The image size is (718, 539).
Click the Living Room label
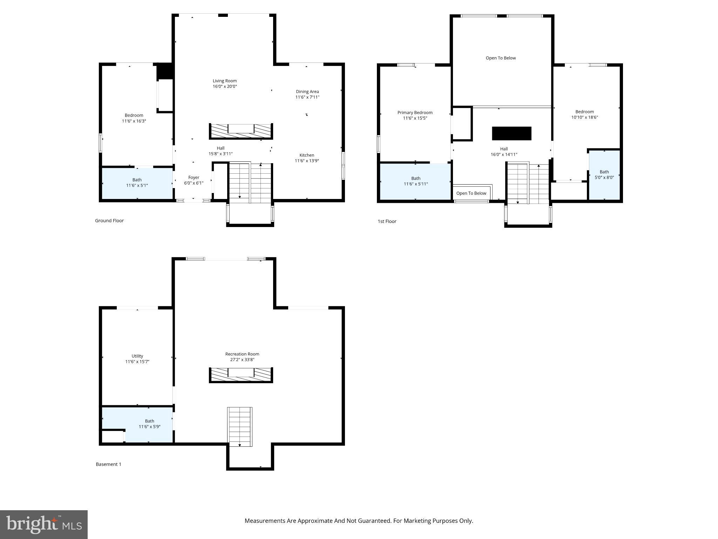224,81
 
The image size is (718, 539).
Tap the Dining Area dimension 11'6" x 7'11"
307,97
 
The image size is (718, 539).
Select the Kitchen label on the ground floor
306,155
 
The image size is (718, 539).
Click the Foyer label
194,178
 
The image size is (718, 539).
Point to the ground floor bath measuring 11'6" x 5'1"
137,183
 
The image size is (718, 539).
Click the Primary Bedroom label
415,113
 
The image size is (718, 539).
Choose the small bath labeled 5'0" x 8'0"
604,175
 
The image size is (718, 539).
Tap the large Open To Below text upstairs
500,58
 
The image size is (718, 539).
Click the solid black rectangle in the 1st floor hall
512,133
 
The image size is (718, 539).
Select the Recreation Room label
242,354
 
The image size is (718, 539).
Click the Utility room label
137,356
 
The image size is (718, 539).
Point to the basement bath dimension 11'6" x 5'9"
149,427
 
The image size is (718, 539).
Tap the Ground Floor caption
109,221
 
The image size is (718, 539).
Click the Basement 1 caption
108,464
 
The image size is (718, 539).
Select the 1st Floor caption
387,221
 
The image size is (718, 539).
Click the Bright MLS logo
44,524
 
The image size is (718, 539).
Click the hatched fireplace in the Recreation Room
241,375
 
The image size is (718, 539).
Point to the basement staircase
239,426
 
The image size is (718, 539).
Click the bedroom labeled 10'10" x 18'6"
584,114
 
